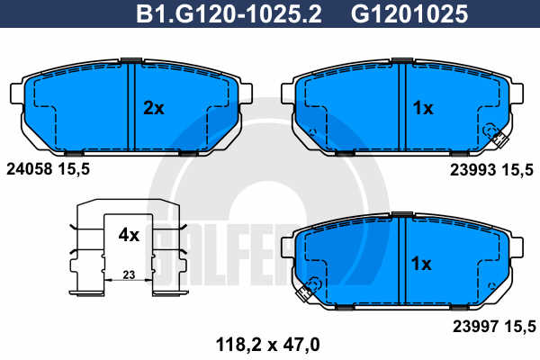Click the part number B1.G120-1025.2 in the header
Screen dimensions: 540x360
tap(229, 13)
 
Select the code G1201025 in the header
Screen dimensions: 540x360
tap(409, 13)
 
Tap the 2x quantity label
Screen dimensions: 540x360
tap(154, 108)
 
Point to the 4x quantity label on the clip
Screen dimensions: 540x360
tap(129, 235)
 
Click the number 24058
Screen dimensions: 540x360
tap(30, 169)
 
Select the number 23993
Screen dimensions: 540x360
tap(472, 170)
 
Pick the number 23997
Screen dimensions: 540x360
tap(475, 326)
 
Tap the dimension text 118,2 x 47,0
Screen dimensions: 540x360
tap(267, 344)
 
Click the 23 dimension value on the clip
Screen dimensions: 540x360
tap(129, 274)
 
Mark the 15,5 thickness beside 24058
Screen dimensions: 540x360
tap(74, 169)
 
